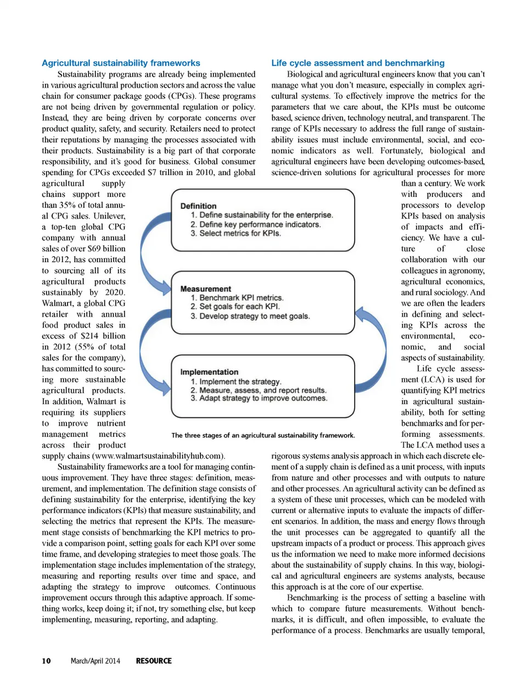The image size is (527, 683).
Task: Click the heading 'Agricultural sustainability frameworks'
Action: tap(121, 63)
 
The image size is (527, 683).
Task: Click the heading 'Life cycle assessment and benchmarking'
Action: tap(358, 63)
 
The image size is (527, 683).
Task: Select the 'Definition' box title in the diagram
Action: tap(198, 206)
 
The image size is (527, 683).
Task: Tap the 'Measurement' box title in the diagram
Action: tap(206, 289)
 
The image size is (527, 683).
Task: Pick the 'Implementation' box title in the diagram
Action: tap(209, 372)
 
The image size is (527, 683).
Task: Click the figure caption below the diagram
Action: tap(263, 435)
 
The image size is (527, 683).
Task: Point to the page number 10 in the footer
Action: tap(46, 661)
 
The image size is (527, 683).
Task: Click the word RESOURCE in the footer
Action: tap(154, 661)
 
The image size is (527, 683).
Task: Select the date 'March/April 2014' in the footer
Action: tap(95, 661)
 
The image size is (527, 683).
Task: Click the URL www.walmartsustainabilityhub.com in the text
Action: tap(159, 456)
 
